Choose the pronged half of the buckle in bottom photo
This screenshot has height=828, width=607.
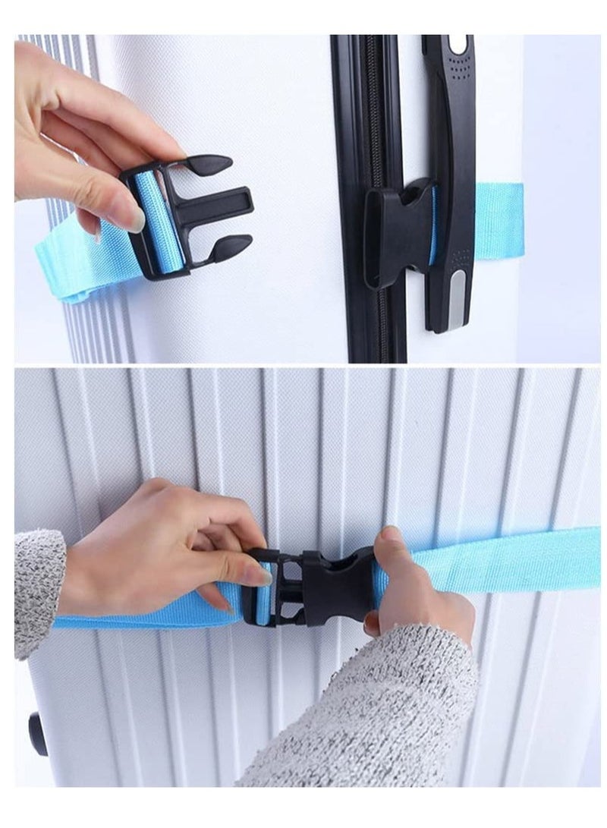273,588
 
